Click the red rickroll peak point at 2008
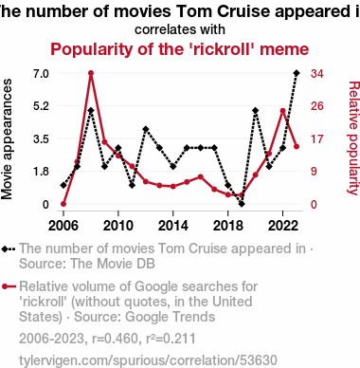pos(91,73)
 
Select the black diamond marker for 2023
pos(297,73)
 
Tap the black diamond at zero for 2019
pos(242,204)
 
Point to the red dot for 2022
pos(282,111)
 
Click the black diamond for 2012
pos(146,129)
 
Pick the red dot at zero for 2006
pos(63,204)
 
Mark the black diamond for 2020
pos(256,110)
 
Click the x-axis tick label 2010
pos(118,226)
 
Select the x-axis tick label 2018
pos(228,226)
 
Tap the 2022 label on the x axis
pos(283,226)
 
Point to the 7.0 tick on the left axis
pos(41,74)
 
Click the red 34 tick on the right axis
pos(316,74)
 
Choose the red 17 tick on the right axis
pos(316,138)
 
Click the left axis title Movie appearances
pos(7,139)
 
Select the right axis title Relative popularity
pos(353,138)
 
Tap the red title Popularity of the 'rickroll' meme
pos(180,49)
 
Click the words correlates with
pos(180,29)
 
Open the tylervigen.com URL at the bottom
pos(148,360)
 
